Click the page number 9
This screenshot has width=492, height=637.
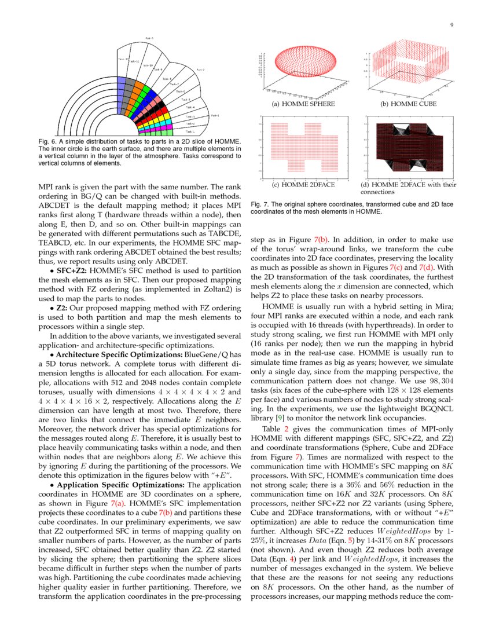[451, 24]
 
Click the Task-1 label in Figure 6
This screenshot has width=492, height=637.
[189, 131]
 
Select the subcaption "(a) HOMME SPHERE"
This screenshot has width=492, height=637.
[303, 104]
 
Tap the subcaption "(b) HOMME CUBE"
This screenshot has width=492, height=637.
[408, 104]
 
